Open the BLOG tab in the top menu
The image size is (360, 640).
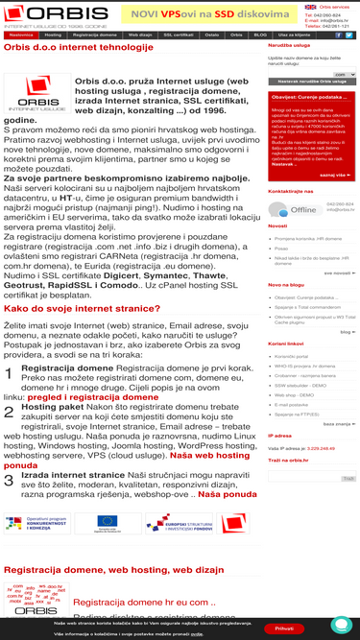pyautogui.click(x=260, y=35)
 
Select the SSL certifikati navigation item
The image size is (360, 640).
pyautogui.click(x=179, y=35)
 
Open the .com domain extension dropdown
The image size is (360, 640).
pyautogui.click(x=345, y=74)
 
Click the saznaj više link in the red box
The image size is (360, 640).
pyautogui.click(x=333, y=176)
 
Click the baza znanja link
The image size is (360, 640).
pyautogui.click(x=337, y=396)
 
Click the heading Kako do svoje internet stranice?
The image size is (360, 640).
pyautogui.click(x=82, y=308)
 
